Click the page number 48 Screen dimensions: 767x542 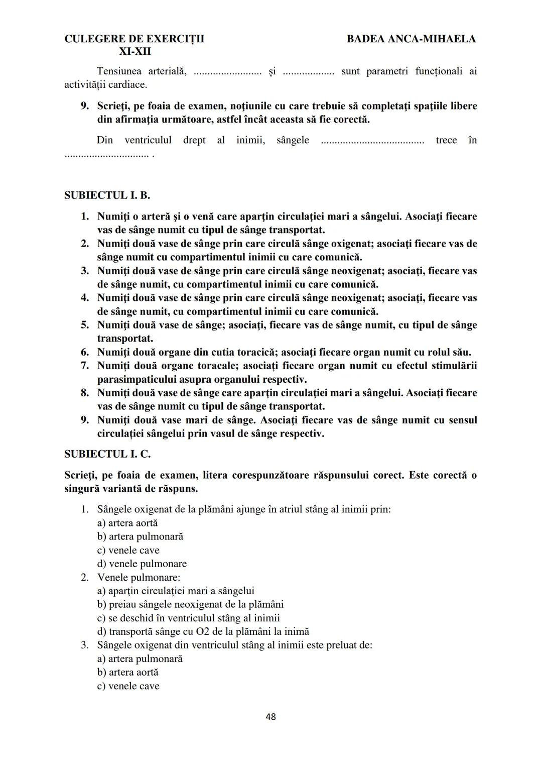coord(270,717)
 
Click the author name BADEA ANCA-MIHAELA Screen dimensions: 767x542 coord(411,39)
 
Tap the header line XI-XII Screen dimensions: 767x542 coord(134,52)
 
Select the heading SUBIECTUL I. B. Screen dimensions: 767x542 coord(107,195)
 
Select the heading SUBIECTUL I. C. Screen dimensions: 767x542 coord(107,454)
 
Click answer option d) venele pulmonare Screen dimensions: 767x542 coord(142,564)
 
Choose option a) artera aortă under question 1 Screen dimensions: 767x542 coord(127,523)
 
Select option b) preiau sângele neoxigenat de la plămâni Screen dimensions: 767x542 coord(190,604)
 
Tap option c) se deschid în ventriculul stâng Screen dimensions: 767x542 coord(188,618)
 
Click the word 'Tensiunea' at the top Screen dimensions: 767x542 coord(119,71)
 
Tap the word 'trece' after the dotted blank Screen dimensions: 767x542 coord(446,140)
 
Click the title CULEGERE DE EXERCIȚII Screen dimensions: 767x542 coord(134,39)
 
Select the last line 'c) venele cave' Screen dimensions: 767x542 coord(128,686)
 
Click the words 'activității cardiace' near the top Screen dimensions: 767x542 coord(106,85)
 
